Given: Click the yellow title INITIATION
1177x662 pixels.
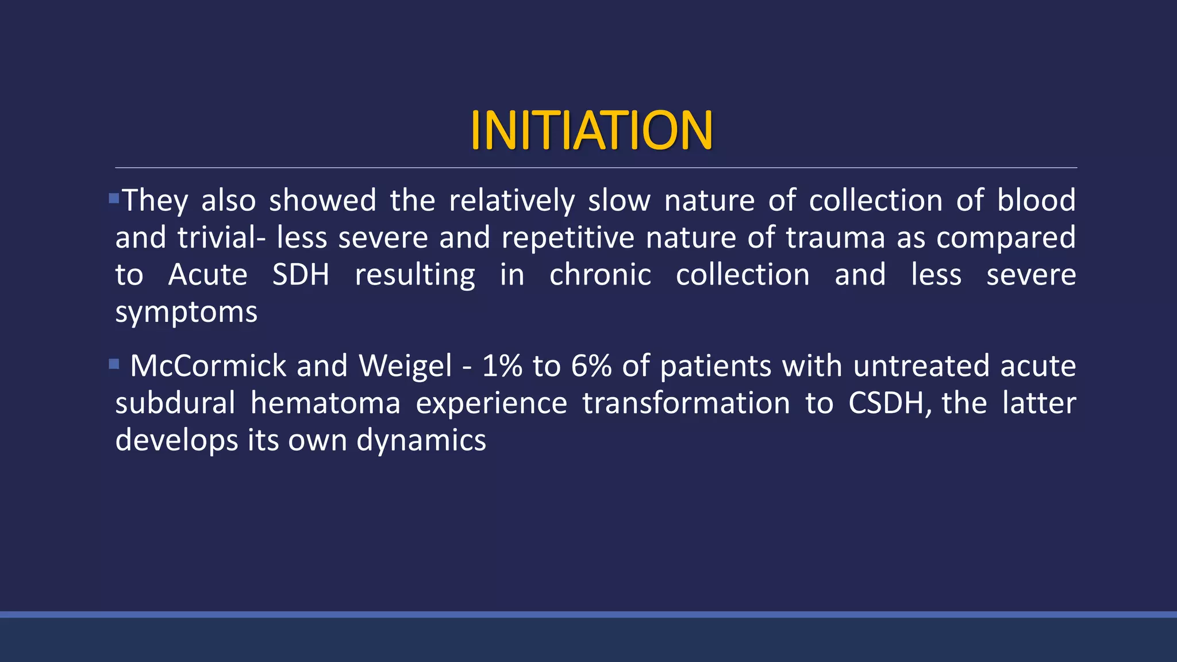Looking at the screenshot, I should click(x=591, y=130).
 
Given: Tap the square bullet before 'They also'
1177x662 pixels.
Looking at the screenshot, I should click(x=114, y=199).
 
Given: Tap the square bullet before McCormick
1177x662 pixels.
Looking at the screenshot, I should click(x=114, y=364).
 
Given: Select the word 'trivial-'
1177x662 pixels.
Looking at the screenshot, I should click(x=221, y=238).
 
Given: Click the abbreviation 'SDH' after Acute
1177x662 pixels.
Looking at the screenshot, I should click(x=301, y=275).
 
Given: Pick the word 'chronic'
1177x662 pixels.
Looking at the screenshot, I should click(x=600, y=275).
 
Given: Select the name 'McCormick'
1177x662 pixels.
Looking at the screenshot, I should click(x=208, y=366).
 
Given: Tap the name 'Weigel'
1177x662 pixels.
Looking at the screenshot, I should click(x=405, y=366).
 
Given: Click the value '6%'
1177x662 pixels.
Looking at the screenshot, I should click(x=591, y=366).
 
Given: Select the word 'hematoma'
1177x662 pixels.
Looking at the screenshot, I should click(x=325, y=403).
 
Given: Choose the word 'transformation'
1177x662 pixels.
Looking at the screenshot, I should click(x=686, y=403).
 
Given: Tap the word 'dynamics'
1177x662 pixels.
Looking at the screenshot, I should click(x=421, y=441).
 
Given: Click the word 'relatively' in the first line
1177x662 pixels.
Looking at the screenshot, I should click(x=511, y=201).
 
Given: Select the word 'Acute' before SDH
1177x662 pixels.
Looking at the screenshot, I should click(x=207, y=275).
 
